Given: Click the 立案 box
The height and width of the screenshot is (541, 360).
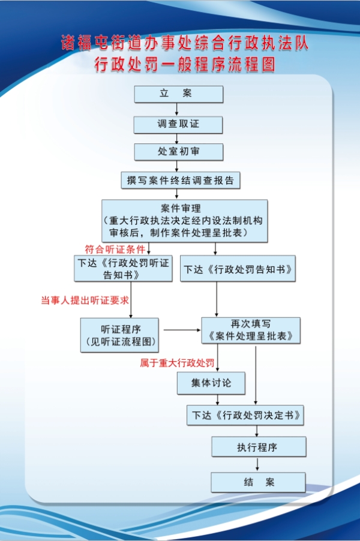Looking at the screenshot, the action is pos(178,94).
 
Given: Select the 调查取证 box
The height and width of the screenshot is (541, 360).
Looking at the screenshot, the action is pos(178,125).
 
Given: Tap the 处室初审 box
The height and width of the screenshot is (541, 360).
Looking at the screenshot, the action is pos(178,152).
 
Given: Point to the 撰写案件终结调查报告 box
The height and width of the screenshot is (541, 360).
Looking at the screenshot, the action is pos(181,180).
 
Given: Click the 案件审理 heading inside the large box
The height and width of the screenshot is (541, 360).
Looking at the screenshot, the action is pos(181,208).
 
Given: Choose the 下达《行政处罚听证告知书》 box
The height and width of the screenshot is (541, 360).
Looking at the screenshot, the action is pos(123,269).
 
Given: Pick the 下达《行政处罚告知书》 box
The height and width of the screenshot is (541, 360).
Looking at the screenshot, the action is pos(238,269).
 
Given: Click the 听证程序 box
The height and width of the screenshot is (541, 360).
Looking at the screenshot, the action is pos(119,335).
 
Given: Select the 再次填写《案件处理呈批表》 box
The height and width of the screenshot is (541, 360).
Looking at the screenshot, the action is pos(251,330).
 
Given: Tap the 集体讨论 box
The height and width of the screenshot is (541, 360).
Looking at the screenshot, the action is pos(211,383).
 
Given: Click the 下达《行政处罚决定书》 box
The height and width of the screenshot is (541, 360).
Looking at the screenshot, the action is pos(245,415).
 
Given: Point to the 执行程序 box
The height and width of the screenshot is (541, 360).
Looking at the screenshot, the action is pos(259,447).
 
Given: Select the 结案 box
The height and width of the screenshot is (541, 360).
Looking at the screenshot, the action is pos(259,482).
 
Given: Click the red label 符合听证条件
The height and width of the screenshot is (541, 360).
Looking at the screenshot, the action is pos(115,249).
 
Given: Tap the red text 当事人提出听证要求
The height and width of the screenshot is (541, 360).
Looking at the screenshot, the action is pos(85,300).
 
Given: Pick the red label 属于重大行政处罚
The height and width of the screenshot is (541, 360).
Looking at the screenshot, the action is pos(177,363).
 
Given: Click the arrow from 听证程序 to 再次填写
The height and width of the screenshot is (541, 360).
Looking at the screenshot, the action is pos(182,330).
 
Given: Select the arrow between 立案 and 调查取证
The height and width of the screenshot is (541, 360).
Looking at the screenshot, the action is pos(177,109).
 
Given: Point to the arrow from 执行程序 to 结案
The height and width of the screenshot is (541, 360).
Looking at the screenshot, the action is pos(257,464).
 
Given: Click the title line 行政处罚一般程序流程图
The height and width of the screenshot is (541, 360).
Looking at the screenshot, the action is pos(185,64).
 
